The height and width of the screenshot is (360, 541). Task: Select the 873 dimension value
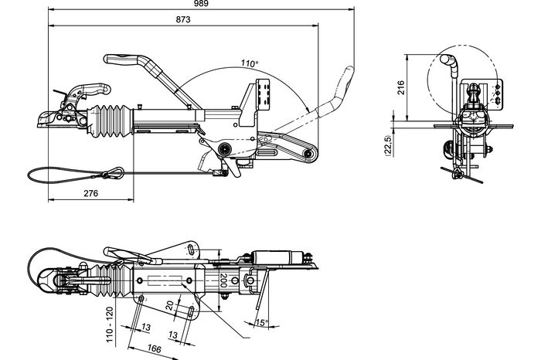pyautogui.click(x=184, y=19)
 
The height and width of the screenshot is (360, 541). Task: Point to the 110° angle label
pyautogui.click(x=249, y=63)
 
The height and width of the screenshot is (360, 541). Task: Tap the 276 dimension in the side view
pyautogui.click(x=90, y=193)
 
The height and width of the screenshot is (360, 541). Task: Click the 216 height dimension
pyautogui.click(x=401, y=87)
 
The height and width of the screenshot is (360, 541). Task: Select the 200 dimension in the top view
pyautogui.click(x=223, y=280)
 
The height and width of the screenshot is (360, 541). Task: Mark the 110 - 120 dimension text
pyautogui.click(x=111, y=324)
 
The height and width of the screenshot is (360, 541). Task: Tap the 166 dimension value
pyautogui.click(x=154, y=349)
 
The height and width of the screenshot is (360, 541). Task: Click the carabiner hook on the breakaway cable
pyautogui.click(x=115, y=172)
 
